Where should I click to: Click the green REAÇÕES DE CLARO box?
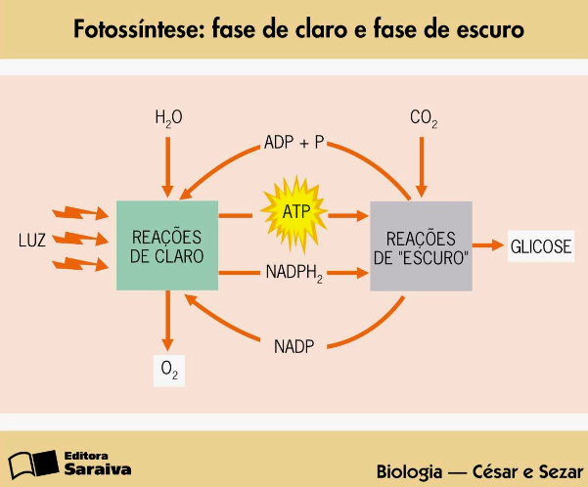(167, 245)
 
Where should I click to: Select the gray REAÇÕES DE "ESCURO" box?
(421, 246)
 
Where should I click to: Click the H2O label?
(168, 118)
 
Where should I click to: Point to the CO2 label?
(424, 118)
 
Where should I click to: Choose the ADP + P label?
(294, 143)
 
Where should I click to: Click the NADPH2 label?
(294, 273)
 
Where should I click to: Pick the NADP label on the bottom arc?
(294, 346)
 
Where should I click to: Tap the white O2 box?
(169, 371)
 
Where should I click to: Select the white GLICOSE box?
(541, 245)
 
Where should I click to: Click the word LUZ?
(32, 241)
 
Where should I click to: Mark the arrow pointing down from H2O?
(167, 167)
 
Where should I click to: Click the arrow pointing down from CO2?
(422, 167)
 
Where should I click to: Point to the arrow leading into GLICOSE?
(488, 245)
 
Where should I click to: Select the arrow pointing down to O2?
(167, 321)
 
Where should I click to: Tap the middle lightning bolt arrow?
(80, 238)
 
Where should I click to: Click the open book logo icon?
(33, 464)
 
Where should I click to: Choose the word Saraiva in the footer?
(98, 469)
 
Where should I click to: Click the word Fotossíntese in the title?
(138, 29)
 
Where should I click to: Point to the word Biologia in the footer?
(409, 471)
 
